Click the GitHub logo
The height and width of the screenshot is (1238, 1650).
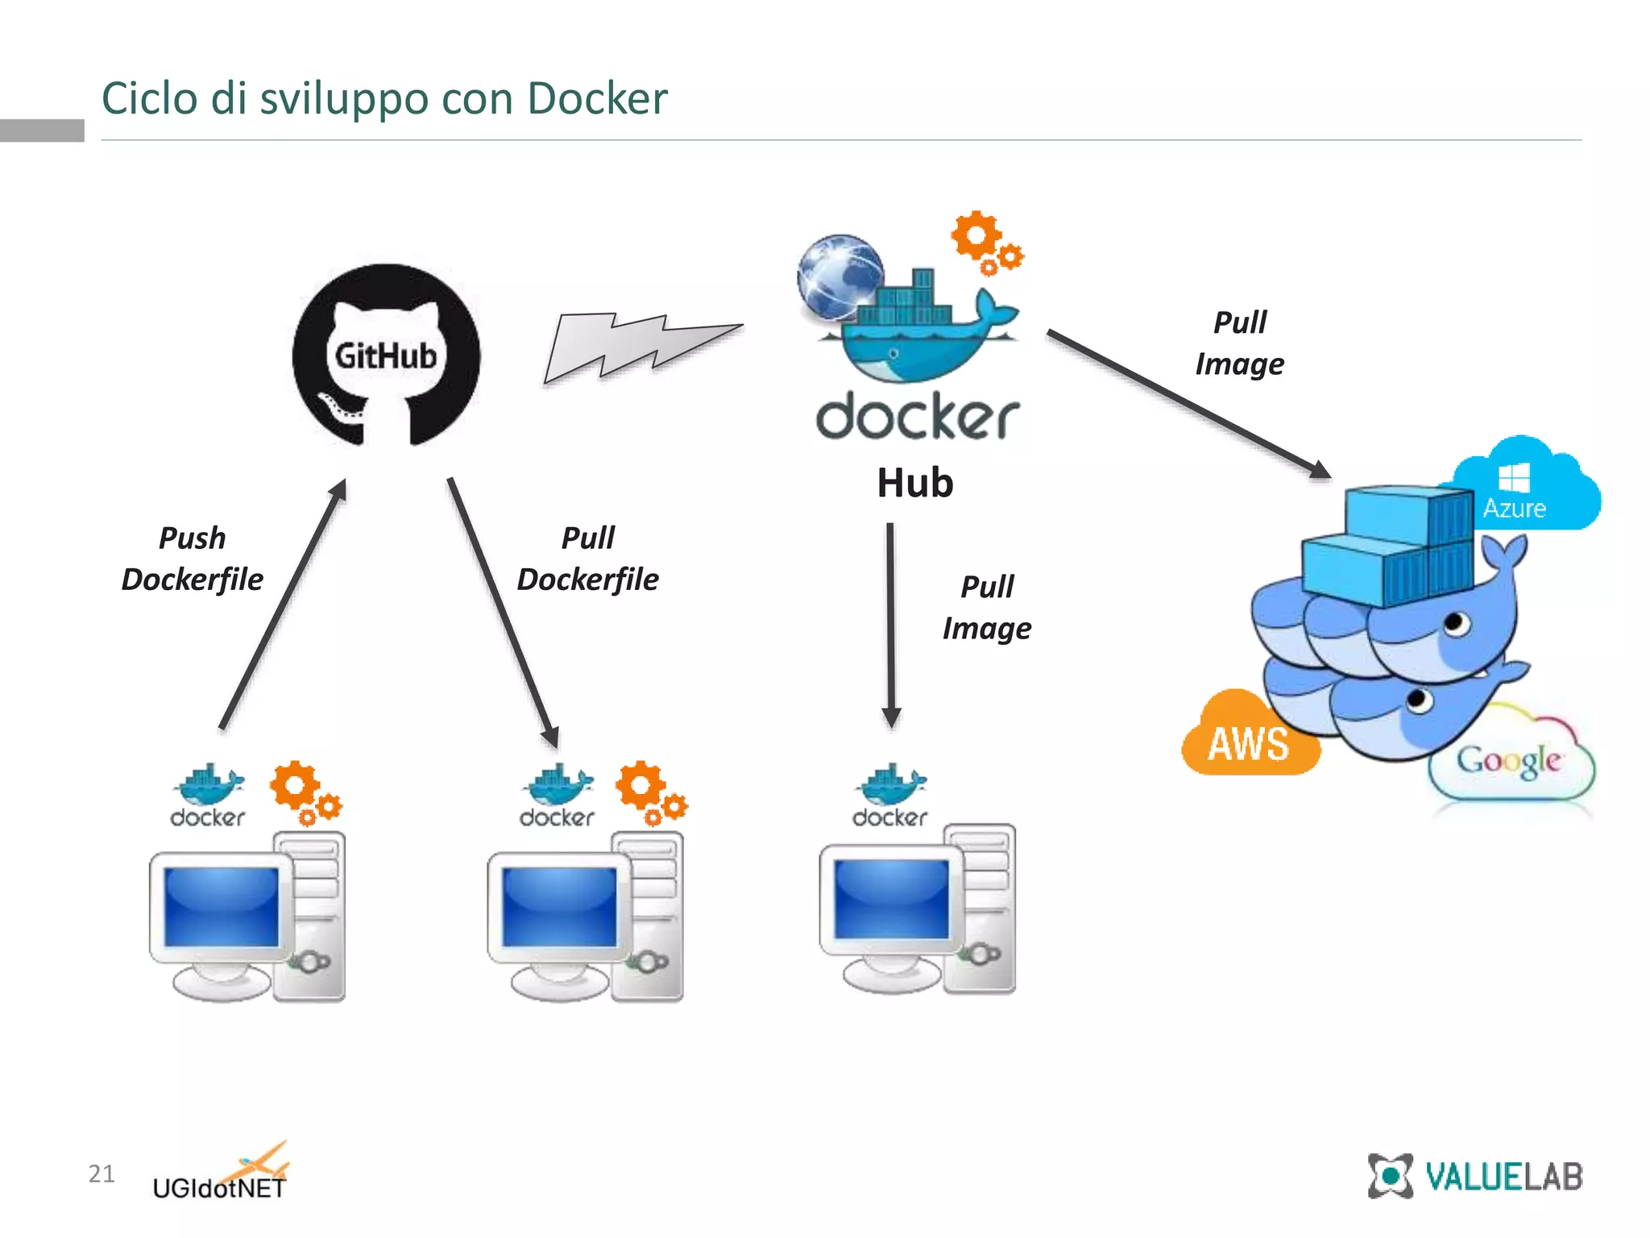coord(386,355)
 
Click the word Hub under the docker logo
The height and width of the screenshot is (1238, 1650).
coord(914,483)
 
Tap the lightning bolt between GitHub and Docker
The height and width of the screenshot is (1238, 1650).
coord(641,347)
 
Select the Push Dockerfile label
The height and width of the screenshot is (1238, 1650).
coord(192,559)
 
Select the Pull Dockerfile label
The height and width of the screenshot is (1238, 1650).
coord(587,559)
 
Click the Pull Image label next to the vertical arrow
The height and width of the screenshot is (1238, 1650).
coord(987,607)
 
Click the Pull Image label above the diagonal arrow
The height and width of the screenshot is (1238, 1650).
coord(1239,343)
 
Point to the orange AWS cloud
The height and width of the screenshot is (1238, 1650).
coord(1248,737)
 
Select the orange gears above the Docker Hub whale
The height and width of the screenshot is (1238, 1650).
coord(985,243)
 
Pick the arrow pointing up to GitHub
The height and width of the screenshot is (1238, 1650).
coord(282,604)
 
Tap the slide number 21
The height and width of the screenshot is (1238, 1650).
coord(102,1174)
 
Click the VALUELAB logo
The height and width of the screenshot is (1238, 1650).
coord(1474,1176)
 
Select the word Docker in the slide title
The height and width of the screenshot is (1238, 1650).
coord(597,98)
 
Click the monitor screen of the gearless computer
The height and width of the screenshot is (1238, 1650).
coord(891,898)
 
